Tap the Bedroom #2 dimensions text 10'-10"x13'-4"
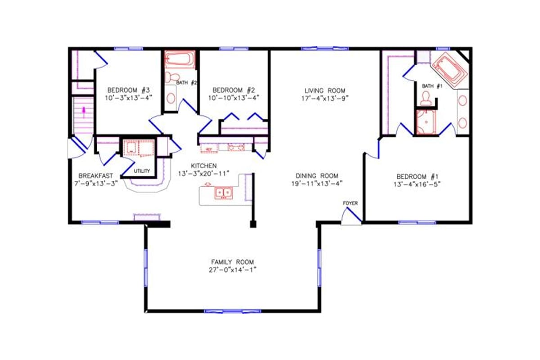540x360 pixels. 234,97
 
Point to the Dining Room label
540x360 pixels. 317,175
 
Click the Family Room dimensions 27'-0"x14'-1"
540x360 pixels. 233,270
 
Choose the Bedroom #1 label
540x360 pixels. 417,176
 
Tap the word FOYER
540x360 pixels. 350,203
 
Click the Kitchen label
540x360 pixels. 203,165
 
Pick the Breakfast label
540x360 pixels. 95,175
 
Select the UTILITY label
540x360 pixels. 142,171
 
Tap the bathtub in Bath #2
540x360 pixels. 180,60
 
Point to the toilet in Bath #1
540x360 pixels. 425,98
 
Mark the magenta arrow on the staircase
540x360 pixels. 83,109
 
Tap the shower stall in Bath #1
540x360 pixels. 425,122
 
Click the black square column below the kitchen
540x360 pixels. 253,224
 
